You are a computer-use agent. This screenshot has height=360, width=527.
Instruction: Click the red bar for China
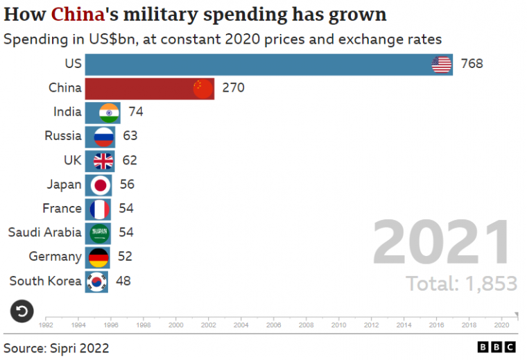(139, 88)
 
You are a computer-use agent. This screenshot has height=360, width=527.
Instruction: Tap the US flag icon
(442, 65)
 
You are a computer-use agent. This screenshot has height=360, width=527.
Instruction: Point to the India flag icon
(110, 112)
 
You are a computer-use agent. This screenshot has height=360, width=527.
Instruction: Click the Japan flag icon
(101, 185)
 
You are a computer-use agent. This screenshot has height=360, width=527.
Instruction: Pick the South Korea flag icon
(97, 281)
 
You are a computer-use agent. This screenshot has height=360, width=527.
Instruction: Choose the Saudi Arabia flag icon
(100, 232)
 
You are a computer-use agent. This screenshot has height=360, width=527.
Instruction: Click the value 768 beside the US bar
(472, 65)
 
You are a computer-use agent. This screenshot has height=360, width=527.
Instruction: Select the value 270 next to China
(233, 88)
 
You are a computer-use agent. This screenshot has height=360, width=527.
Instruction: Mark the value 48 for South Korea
(123, 281)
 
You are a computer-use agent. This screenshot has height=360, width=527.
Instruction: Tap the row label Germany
(55, 257)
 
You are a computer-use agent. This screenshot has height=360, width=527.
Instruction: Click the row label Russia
(62, 136)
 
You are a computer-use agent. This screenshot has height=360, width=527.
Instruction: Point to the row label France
(62, 208)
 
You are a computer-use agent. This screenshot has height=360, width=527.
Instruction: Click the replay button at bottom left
(22, 311)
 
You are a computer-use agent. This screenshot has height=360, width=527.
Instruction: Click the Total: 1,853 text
(461, 284)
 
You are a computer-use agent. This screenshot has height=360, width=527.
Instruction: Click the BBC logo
(496, 347)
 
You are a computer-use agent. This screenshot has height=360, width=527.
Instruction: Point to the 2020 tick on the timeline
(501, 324)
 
